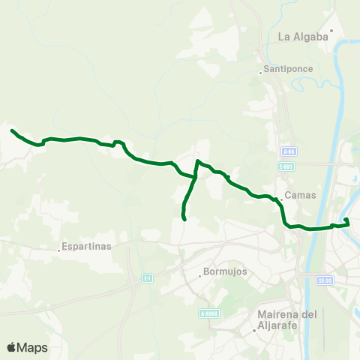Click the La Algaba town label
(x=304, y=36)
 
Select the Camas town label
(x=301, y=195)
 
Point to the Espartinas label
(x=87, y=246)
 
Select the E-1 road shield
(x=148, y=278)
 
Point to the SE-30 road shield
(x=325, y=280)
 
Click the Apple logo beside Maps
(x=12, y=347)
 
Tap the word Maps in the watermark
(x=32, y=347)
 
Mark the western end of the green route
(x=12, y=130)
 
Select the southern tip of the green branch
(x=184, y=220)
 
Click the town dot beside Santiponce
(x=260, y=73)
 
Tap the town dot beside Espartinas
(x=59, y=250)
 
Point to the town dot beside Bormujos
(x=199, y=276)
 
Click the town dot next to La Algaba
(x=331, y=31)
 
